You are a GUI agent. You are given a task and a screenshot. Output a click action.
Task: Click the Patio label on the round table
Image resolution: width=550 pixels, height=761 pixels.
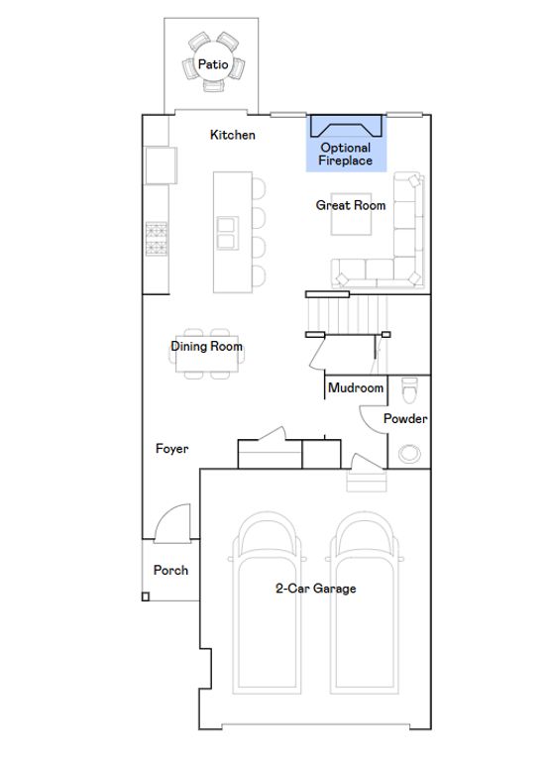point(213,64)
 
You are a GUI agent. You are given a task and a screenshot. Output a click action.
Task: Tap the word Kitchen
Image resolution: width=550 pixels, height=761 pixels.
point(233,135)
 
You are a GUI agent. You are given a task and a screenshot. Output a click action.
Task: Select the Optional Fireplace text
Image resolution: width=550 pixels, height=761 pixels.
point(346,154)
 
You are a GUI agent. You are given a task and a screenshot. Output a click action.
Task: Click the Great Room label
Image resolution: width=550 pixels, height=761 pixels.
point(351,205)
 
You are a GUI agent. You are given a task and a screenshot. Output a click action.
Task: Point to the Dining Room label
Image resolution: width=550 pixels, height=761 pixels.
point(206,346)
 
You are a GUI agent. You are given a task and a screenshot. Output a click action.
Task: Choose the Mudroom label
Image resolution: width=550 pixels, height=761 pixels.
point(356,387)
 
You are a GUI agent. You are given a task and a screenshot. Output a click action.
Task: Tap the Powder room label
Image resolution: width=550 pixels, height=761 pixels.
point(405,418)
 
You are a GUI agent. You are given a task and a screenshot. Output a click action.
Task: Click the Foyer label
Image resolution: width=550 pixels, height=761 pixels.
point(171,449)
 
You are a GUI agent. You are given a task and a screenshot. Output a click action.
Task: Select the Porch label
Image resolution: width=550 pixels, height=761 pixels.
point(170,570)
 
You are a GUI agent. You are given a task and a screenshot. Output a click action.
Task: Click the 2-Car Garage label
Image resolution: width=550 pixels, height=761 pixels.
point(315,589)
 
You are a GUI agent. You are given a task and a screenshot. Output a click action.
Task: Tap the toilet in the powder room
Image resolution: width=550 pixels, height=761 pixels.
point(409,390)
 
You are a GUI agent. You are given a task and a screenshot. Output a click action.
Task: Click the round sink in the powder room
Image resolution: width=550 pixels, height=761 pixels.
point(409,453)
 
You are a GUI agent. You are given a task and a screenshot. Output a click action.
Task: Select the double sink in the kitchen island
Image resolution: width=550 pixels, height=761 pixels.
point(228,233)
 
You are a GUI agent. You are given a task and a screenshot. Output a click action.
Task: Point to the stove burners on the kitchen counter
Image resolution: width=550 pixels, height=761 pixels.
point(157,238)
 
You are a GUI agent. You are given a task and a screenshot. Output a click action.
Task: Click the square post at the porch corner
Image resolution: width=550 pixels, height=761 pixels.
point(145,597)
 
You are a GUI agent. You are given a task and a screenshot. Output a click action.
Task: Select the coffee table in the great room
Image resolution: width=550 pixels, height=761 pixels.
point(352,214)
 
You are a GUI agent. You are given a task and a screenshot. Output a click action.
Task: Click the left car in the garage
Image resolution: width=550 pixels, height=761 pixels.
point(267,602)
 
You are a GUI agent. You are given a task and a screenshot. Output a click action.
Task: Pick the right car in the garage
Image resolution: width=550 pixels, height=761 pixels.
point(364,602)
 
